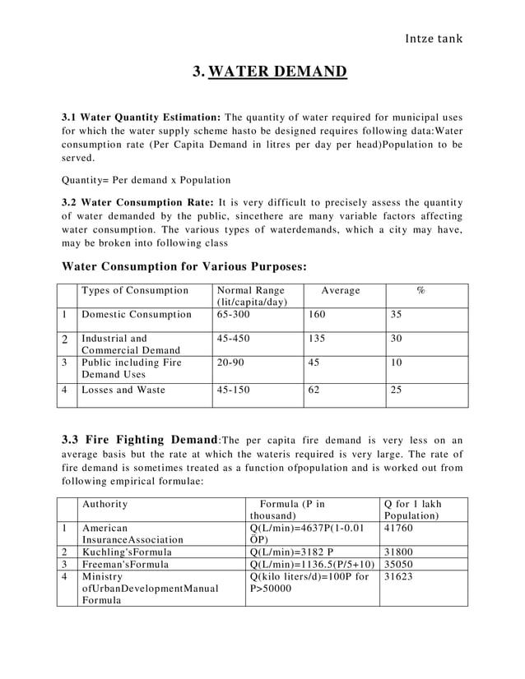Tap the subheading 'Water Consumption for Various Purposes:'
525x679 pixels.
pyautogui.click(x=185, y=266)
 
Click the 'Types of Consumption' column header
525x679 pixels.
pyautogui.click(x=135, y=291)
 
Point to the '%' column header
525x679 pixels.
pyautogui.click(x=420, y=291)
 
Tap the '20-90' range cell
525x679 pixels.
pyautogui.click(x=231, y=363)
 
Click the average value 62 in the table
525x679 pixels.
pyautogui.click(x=314, y=390)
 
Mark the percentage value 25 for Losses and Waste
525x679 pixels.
pyautogui.click(x=396, y=390)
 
